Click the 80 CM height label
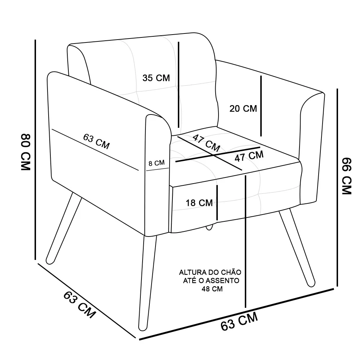(x=26, y=152)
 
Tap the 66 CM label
(x=347, y=176)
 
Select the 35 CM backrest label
(x=156, y=78)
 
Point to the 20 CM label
(x=243, y=109)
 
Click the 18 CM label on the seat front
(x=199, y=203)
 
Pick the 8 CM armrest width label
(x=157, y=163)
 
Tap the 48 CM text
(x=212, y=289)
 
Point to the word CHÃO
(x=231, y=272)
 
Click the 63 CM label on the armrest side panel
(x=96, y=141)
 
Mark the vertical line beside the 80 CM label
(x=35, y=150)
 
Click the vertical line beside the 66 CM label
(x=337, y=187)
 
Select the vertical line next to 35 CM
(x=179, y=85)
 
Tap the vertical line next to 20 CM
(x=261, y=106)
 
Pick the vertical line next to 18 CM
(x=217, y=203)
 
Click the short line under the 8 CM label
(x=157, y=170)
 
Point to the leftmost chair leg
(x=64, y=228)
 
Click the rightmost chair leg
(x=297, y=248)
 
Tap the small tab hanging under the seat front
(x=209, y=228)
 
